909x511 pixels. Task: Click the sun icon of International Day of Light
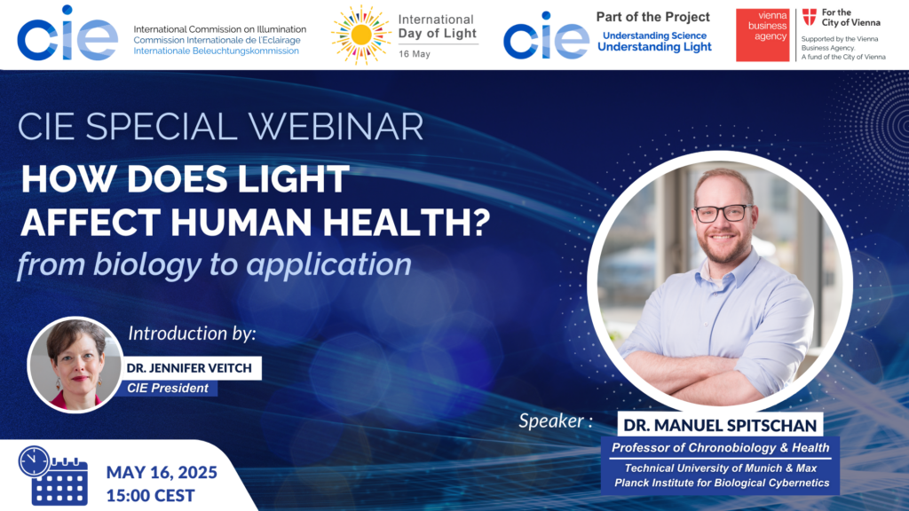click(x=360, y=35)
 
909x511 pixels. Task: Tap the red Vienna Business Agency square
click(x=763, y=35)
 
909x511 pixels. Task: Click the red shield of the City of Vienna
click(x=810, y=18)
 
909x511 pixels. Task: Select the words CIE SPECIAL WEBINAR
click(x=220, y=126)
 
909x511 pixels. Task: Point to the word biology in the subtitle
click(x=148, y=264)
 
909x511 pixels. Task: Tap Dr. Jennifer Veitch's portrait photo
click(x=75, y=365)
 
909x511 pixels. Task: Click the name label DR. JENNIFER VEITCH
click(x=190, y=368)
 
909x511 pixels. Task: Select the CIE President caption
click(x=168, y=389)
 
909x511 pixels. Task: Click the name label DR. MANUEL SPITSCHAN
click(x=720, y=425)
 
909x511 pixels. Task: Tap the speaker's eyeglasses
click(x=723, y=214)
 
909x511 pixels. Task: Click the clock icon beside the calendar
click(x=34, y=461)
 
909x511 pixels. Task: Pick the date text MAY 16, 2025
click(x=162, y=472)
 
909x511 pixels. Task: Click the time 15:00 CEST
click(x=151, y=496)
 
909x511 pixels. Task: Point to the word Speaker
click(x=550, y=421)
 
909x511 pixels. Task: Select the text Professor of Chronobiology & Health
click(x=721, y=447)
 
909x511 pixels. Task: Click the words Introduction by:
click(x=192, y=334)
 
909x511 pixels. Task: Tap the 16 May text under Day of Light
click(x=414, y=54)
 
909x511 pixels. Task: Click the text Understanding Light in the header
click(x=654, y=47)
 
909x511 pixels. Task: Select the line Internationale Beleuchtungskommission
click(x=217, y=51)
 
